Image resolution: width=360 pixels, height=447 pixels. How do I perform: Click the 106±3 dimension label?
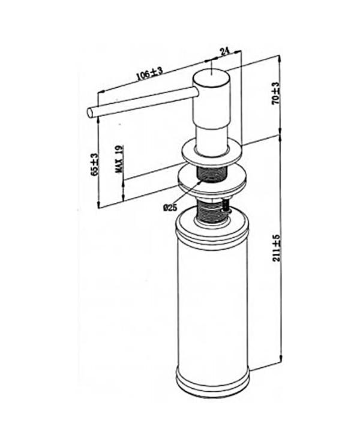149,73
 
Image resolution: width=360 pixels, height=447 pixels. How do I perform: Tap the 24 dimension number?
224,52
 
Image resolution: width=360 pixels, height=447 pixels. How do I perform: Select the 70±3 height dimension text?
275,93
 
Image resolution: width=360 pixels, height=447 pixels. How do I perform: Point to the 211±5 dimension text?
276,248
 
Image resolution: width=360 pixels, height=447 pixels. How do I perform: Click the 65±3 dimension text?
95,164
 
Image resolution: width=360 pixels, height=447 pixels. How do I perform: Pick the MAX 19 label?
119,159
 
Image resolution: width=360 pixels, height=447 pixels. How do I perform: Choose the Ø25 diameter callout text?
170,208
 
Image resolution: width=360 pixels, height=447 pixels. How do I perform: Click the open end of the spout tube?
90,112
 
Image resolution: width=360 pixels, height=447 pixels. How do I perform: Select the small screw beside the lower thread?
226,205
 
